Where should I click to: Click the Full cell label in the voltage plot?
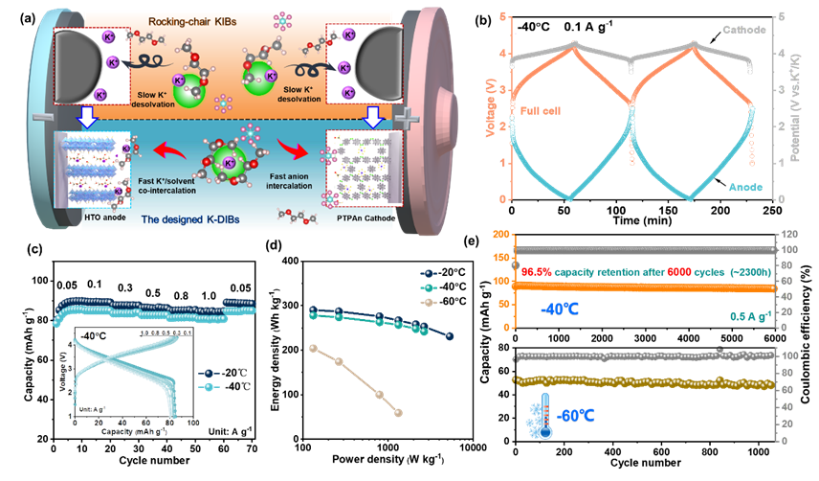coord(541,111)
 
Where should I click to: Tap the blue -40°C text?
coord(557,308)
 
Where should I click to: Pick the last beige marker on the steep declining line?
coord(398,413)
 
